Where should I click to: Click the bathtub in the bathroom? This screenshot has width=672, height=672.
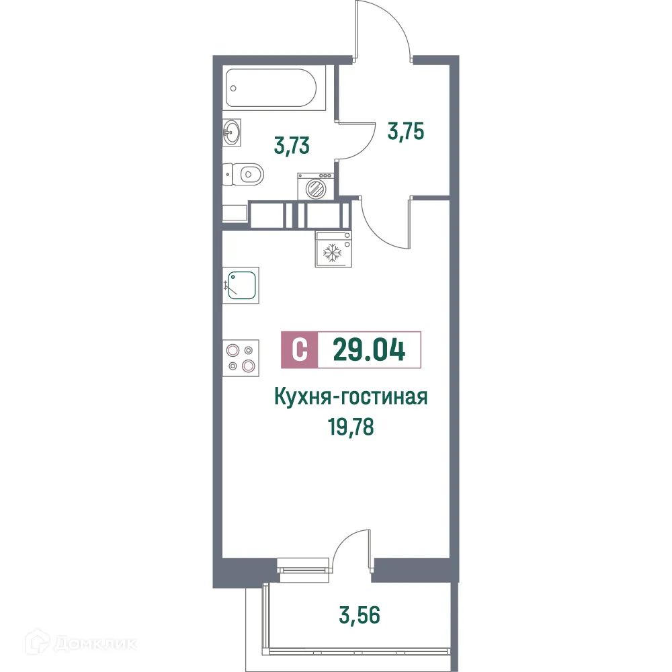(275, 88)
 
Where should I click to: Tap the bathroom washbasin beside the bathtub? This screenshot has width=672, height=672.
(233, 132)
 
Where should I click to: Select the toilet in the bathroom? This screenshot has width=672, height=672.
(245, 175)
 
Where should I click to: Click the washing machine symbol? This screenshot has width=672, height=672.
(315, 185)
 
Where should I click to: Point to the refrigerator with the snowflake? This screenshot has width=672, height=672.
(333, 248)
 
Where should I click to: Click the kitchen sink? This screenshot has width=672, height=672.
(241, 285)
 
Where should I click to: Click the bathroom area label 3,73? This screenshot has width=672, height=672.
(292, 144)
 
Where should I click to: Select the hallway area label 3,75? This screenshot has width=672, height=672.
(406, 130)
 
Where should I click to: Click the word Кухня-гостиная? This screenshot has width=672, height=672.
(351, 398)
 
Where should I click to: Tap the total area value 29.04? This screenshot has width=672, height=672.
(369, 350)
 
